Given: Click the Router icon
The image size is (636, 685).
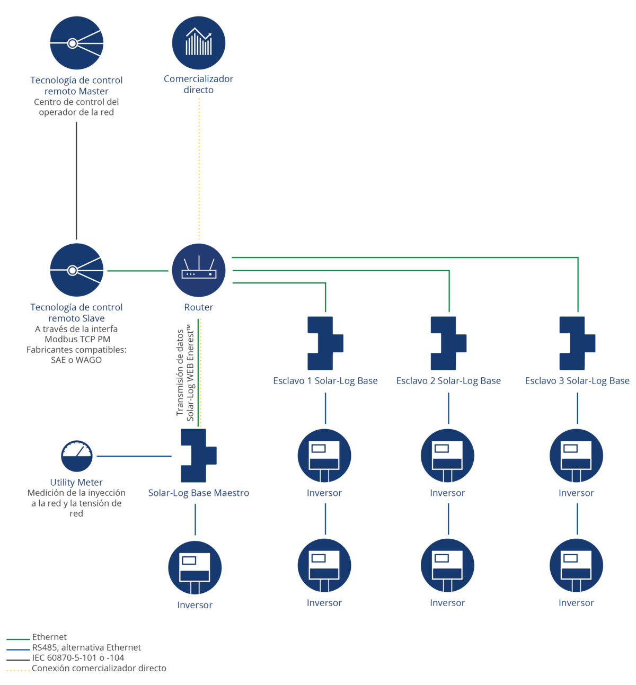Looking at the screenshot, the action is [x=198, y=270].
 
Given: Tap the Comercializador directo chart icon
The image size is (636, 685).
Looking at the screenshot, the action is [x=198, y=43].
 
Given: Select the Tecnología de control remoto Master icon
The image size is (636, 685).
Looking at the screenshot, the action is [x=77, y=43].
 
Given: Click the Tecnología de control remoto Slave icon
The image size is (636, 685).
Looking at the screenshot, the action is [x=77, y=270].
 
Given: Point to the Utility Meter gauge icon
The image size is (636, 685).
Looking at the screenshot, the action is [x=77, y=456].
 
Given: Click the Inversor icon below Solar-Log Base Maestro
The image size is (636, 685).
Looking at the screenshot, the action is [x=195, y=567].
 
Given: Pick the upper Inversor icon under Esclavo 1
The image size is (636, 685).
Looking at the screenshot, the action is [x=324, y=455].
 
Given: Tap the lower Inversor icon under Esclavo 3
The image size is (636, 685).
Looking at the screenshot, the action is [x=576, y=565].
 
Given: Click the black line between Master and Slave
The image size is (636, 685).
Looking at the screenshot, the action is [x=77, y=181].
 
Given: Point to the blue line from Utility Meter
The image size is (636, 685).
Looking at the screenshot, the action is [x=134, y=456].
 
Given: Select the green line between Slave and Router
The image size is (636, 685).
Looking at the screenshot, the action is [x=138, y=271].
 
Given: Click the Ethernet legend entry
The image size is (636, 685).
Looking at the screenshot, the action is [x=37, y=637].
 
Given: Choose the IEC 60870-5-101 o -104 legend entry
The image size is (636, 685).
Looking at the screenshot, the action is [x=65, y=658].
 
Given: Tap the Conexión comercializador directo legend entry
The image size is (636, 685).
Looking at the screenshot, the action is [x=86, y=668].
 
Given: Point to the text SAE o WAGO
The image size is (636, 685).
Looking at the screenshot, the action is [x=76, y=360].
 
